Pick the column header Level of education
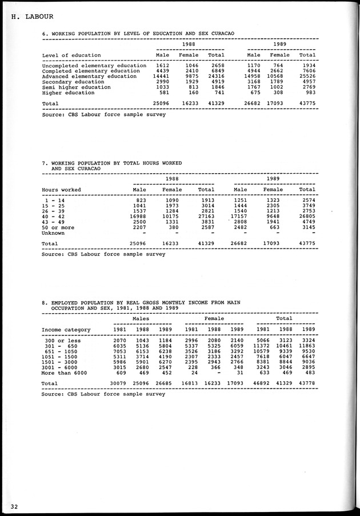pos(71,55)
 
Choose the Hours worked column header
pos(62,190)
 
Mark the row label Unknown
pos(53,233)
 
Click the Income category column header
pos(66,330)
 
